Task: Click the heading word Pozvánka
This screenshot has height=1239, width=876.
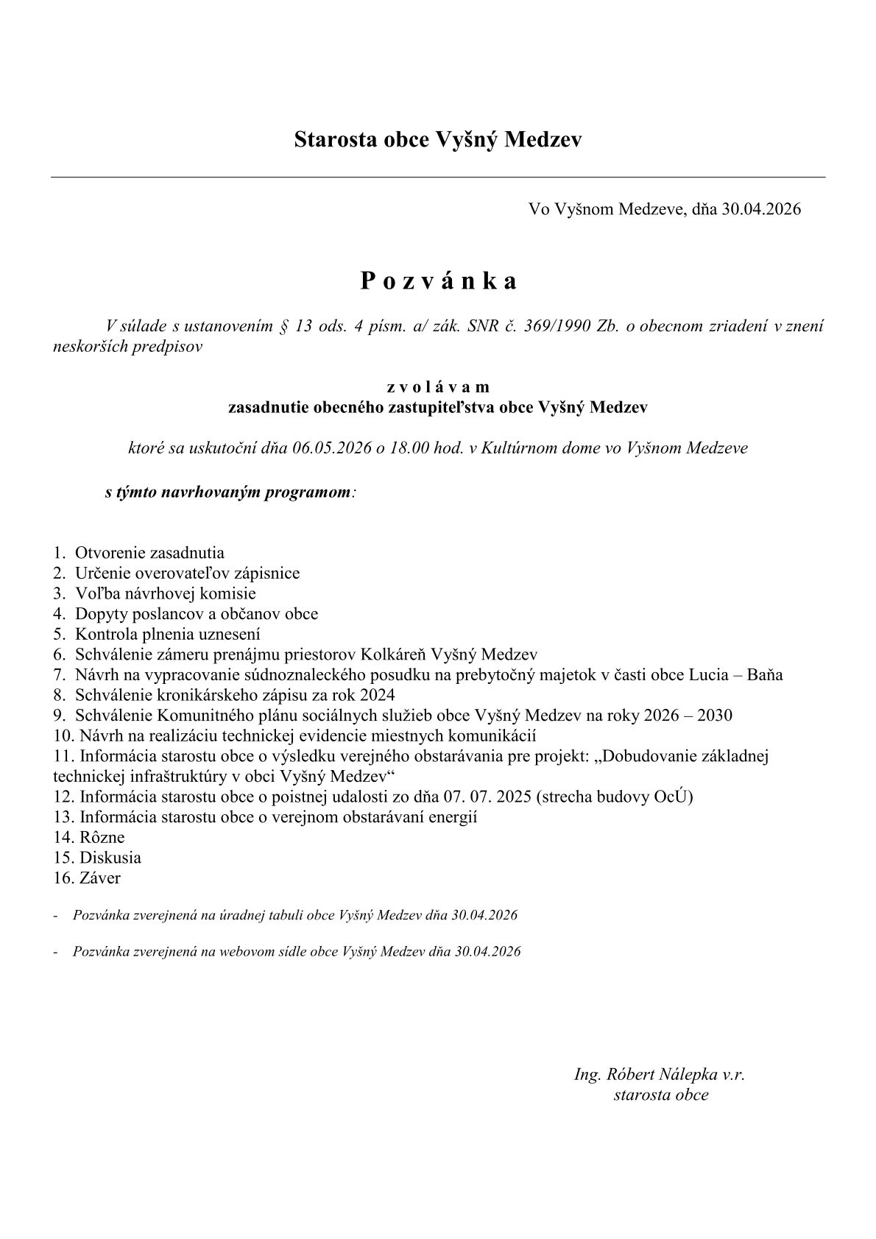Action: click(x=438, y=281)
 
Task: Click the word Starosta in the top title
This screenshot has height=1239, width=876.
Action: click(x=333, y=139)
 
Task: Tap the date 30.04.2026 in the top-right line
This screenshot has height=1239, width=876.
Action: click(x=761, y=209)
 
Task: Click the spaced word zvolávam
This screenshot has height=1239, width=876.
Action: click(x=438, y=386)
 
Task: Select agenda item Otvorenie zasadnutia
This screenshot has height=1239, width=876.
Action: click(x=149, y=553)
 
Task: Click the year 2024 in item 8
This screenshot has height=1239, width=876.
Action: click(x=378, y=694)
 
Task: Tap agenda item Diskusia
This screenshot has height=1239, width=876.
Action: click(x=110, y=858)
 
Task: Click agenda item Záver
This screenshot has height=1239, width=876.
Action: click(x=100, y=878)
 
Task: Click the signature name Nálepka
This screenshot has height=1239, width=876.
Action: click(x=685, y=1074)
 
